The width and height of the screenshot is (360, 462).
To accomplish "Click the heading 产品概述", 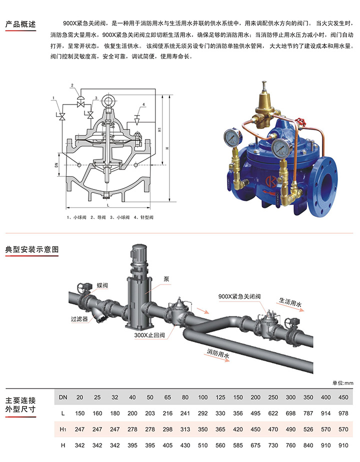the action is coord(20,24).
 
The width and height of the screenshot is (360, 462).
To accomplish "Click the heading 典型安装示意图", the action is coord(32,249).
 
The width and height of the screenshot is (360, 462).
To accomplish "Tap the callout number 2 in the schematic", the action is coord(72,85).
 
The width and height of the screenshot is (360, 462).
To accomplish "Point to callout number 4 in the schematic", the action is coord(144,104).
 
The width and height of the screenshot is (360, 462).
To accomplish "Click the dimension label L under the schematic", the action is coord(108,205).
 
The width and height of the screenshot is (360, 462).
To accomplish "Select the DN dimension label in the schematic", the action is coord(56,165).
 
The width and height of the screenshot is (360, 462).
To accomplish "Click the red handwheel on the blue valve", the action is coord(300,123).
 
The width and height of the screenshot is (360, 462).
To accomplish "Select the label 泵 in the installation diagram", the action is coord(166,278).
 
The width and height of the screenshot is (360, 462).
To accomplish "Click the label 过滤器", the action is coord(79,319).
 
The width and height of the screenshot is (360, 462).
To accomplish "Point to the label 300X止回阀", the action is coord(149,335).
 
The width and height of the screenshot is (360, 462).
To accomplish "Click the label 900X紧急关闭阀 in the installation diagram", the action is coord(239,296).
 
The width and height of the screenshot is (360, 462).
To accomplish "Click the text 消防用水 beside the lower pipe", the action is coord(218,353).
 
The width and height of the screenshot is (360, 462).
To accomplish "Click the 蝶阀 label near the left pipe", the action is coord(102,285).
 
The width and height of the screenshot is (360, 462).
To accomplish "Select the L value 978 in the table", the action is coord(343,413).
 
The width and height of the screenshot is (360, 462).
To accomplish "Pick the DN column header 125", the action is coord(220,397).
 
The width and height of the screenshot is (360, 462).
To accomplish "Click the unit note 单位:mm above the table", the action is coord(342,382).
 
